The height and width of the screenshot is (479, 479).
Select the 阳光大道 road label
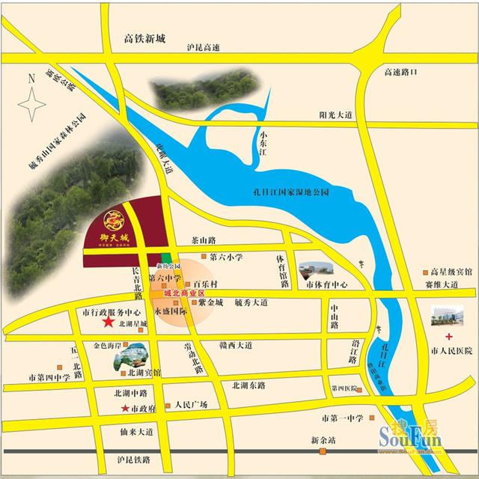335,114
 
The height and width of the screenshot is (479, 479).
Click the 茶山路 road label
203,240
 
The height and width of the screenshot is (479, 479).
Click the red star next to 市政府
125,408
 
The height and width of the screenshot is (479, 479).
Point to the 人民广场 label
186,405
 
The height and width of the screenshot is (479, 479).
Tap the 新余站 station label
326,440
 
